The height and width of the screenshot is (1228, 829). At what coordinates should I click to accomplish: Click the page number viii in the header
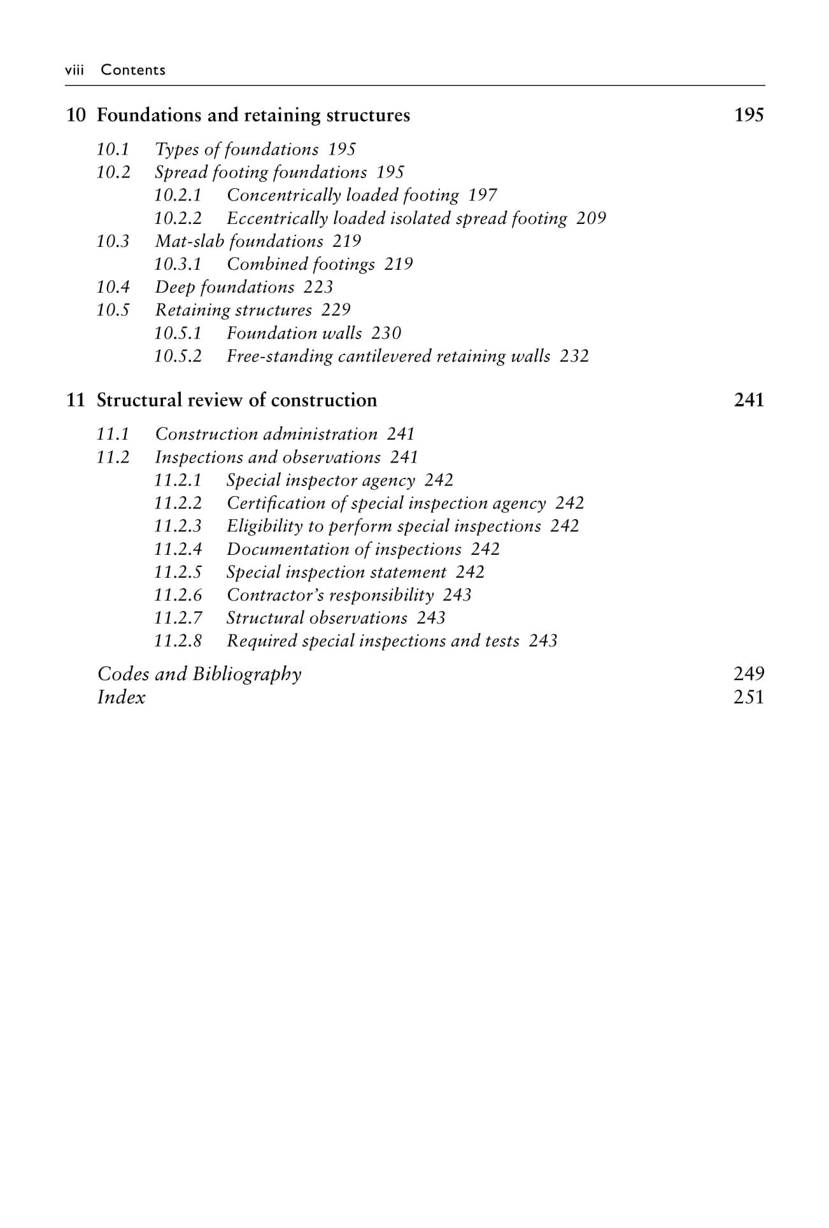tap(74, 70)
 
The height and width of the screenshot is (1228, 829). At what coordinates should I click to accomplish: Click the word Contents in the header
tap(133, 70)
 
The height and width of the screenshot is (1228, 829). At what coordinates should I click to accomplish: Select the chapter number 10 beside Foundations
tap(76, 115)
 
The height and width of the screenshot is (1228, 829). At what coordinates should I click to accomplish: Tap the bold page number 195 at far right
tap(748, 115)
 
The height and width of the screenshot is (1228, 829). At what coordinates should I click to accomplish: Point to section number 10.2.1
tap(178, 195)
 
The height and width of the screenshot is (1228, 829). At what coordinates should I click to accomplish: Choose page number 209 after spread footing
tap(591, 218)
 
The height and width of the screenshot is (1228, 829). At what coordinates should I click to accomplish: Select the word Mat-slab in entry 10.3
tap(189, 241)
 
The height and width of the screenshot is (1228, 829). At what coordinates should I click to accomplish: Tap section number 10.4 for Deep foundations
tap(113, 287)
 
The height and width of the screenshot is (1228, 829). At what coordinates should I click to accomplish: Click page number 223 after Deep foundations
tap(318, 287)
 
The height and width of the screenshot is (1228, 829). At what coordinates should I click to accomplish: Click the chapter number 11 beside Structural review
tap(75, 400)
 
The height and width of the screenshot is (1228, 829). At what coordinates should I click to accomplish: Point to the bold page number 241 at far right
tap(748, 400)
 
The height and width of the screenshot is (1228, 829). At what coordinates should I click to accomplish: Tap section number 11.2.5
tap(178, 572)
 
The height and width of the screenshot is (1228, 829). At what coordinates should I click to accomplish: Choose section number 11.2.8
tap(178, 641)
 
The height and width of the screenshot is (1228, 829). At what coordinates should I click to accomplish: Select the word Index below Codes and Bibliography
tap(121, 697)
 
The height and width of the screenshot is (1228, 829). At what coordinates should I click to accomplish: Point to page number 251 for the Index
tap(748, 697)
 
